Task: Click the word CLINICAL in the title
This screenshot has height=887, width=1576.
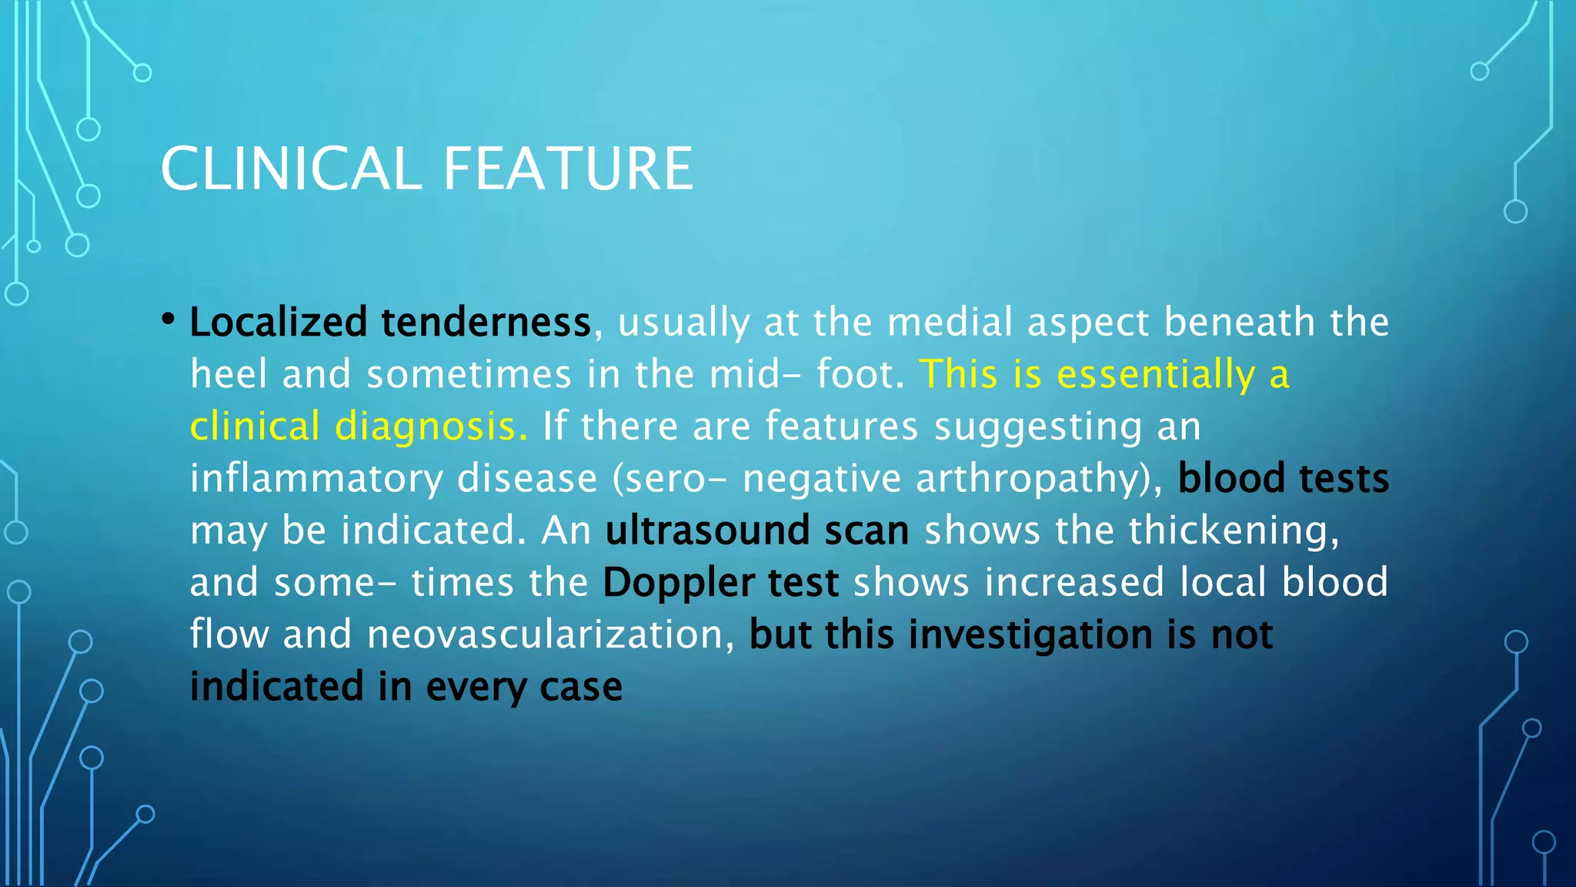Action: [x=291, y=169]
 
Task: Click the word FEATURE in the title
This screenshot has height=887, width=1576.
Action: [x=568, y=169]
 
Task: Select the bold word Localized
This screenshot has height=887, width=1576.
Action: [x=278, y=322]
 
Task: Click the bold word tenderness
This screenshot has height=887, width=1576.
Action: [x=486, y=322]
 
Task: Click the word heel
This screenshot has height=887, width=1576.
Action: [x=228, y=374]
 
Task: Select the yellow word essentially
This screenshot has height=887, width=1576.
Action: [x=1156, y=374]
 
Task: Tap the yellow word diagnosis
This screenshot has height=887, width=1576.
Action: [x=431, y=427]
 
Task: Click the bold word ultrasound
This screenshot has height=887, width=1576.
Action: [x=707, y=531]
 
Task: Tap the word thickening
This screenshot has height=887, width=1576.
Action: [x=1234, y=531]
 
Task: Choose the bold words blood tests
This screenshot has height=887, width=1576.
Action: [x=1283, y=478]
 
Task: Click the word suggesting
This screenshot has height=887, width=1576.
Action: [x=1037, y=427]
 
